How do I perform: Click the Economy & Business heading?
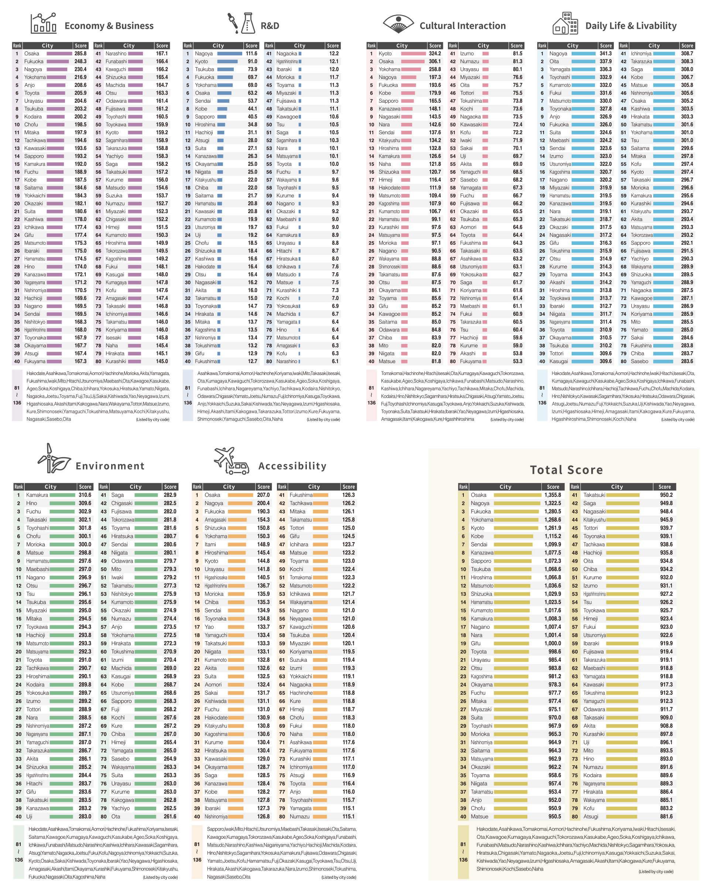tap(109, 25)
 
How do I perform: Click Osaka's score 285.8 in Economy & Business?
tap(80, 53)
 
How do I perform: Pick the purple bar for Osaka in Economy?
tap(59, 53)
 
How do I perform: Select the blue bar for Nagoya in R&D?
tap(230, 53)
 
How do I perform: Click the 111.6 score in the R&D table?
tap(251, 53)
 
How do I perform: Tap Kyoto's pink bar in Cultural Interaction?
tap(413, 53)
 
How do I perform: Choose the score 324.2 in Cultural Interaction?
tap(435, 53)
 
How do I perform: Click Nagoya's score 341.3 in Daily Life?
tap(606, 53)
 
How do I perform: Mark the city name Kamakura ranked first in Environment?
tap(37, 495)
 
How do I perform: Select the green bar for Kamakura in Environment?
tap(62, 495)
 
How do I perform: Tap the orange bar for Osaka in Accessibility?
tap(240, 495)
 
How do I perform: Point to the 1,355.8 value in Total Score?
tap(553, 495)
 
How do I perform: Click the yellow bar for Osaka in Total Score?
tap(517, 495)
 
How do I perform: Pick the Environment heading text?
tap(110, 466)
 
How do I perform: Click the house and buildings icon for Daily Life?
tap(565, 24)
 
